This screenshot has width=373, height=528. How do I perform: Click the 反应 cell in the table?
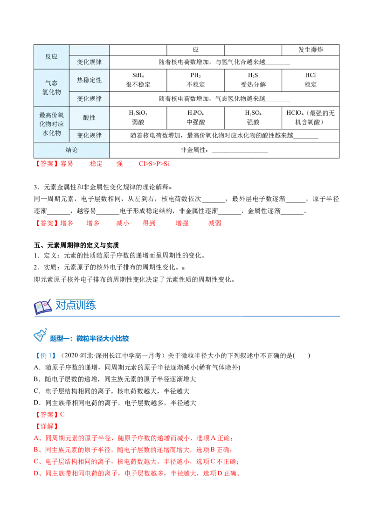[x=51, y=56]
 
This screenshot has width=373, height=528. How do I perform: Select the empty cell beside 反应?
[x=89, y=50]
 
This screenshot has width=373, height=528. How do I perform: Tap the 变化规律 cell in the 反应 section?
[x=89, y=62]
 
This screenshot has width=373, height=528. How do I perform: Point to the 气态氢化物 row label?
[x=51, y=88]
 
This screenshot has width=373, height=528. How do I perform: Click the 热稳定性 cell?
[x=89, y=80]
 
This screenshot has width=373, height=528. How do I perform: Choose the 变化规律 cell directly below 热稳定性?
[x=89, y=99]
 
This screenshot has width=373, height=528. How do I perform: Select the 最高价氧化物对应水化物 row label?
[x=51, y=124]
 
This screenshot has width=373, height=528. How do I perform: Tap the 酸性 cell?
[x=89, y=118]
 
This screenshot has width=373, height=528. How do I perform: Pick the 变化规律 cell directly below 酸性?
[x=89, y=135]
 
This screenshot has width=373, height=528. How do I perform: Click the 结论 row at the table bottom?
[x=71, y=150]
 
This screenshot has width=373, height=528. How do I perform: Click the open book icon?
[x=43, y=307]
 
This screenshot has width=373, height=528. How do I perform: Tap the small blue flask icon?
[x=40, y=334]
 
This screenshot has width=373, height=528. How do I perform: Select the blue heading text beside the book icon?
[x=76, y=306]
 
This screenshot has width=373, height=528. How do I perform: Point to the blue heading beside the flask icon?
[x=90, y=339]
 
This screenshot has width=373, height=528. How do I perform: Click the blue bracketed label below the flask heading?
[x=45, y=357]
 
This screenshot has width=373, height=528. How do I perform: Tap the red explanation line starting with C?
[x=136, y=462]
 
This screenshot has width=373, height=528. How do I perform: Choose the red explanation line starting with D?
[x=137, y=473]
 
